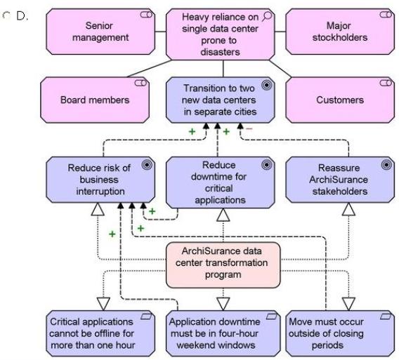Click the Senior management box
100,32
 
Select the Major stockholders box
340,32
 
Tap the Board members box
95,100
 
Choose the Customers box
340,100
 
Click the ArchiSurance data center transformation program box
223,265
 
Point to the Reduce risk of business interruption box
100,180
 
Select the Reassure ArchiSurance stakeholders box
340,180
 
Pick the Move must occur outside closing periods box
340,333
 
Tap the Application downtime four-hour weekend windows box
223,333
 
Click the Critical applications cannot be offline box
100,333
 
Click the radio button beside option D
6,15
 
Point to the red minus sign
249,128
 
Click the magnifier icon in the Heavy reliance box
267,16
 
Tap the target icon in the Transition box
267,85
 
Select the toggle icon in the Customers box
386,83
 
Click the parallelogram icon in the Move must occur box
386,316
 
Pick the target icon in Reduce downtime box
267,165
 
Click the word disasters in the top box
220,52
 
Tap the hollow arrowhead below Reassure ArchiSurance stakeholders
348,209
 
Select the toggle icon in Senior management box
146,15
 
